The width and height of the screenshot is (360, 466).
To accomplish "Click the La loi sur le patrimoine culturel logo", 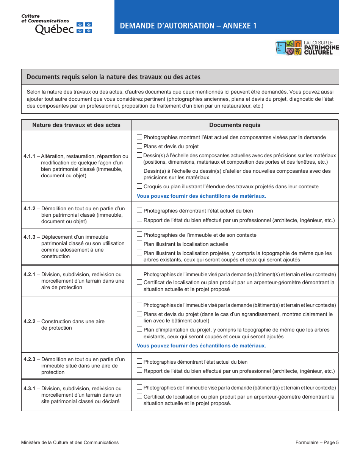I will pos(307,48).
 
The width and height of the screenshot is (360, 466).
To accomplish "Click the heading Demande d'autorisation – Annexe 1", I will pos(188,26).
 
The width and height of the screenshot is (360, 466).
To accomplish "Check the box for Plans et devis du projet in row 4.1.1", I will pos(139,146).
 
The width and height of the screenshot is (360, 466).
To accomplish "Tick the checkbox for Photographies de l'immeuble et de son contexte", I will pos(139,235).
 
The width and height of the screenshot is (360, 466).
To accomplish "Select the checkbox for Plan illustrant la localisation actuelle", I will pos(139,244).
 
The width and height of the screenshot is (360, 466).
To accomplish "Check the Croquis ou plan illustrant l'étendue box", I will pos(139,186).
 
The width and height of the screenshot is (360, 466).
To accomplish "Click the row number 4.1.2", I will pos(29,208).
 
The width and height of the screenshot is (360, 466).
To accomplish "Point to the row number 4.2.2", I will pos(29,321).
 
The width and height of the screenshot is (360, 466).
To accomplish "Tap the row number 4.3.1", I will pos(29,388).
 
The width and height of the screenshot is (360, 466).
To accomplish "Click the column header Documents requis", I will pos(235,125).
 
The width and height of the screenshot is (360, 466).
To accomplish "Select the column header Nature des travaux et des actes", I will pos(76,125).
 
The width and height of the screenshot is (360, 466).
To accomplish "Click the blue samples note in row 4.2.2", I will pos(201,346).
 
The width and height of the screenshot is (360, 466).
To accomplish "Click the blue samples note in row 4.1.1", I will pos(201,196).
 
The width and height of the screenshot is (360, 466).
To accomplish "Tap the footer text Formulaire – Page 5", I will pos(317,442).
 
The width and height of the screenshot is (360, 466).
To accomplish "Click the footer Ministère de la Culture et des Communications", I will pos(70,442).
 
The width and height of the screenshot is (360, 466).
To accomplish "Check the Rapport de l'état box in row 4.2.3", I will pos(139,371).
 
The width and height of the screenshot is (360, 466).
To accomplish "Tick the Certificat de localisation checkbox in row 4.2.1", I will pos(139,282).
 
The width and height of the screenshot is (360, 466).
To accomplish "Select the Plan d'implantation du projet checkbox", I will pos(139,329).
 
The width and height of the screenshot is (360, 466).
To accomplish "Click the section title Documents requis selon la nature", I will pos(113,77).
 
